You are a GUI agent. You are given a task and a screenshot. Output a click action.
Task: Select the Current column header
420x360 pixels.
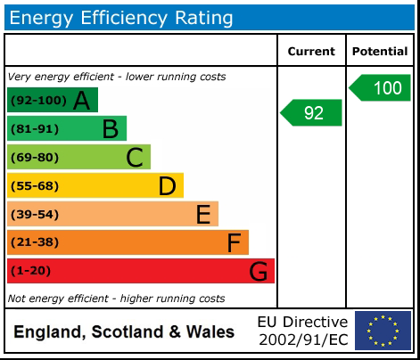coord(311,52)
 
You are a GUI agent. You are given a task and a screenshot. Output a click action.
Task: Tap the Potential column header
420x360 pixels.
coord(380,52)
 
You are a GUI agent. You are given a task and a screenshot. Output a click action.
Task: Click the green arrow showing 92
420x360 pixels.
coord(312,113)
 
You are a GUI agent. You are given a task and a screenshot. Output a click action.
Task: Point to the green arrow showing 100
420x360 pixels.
coord(381,88)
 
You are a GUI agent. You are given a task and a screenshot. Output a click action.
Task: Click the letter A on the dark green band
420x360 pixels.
coord(81,101)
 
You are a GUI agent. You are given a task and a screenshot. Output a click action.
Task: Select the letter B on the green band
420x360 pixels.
coord(110,129)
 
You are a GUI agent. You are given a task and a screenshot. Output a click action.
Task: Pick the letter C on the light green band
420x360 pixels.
coord(135,158)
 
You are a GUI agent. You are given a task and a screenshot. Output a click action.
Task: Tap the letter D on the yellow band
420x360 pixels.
coord(167,186)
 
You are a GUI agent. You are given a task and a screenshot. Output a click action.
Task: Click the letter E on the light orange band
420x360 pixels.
coord(203,215)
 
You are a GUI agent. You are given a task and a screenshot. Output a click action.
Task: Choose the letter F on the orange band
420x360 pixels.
coord(234,242)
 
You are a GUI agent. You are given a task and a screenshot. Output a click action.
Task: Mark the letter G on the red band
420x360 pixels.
coord(258,271)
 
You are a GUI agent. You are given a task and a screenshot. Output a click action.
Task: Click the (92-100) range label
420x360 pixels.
coord(37,101)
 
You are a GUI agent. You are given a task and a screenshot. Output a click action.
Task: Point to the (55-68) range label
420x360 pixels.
coord(34,186)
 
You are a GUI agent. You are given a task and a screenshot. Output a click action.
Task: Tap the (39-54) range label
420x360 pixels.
coord(34,215)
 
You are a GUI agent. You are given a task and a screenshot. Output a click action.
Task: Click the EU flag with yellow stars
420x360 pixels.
coord(383,331)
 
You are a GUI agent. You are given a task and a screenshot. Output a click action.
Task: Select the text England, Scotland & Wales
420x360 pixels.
coord(124,332)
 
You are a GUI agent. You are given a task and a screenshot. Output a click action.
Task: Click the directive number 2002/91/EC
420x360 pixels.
coord(302,340)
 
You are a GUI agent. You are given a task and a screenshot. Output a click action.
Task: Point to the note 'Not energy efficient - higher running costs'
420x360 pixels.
coord(116,299)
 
